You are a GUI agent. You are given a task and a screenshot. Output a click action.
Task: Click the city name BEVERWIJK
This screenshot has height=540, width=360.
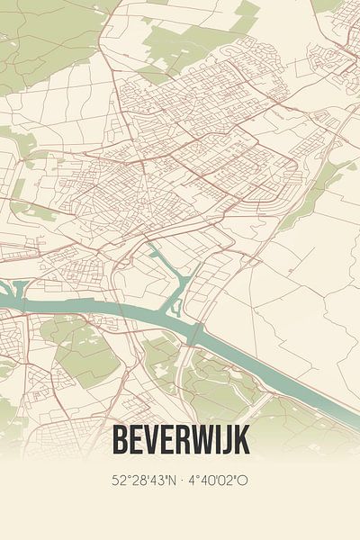click(180, 440)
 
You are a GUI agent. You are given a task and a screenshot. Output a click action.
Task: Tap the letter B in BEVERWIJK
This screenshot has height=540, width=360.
click(119, 440)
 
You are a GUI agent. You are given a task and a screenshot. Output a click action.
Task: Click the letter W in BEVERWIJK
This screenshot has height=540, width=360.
click(204, 440)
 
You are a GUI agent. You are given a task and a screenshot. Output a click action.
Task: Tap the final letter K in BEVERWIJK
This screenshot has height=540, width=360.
click(242, 440)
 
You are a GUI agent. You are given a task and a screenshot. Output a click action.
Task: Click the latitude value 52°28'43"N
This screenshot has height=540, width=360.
click(142, 481)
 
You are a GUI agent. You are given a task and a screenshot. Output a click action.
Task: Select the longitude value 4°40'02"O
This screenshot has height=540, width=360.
click(219, 481)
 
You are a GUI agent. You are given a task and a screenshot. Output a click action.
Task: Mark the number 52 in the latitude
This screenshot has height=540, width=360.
click(119, 481)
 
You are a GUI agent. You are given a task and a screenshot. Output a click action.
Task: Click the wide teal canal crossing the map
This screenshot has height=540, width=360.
click(135, 310)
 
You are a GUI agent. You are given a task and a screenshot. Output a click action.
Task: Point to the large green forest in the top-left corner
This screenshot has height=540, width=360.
click(45, 36)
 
